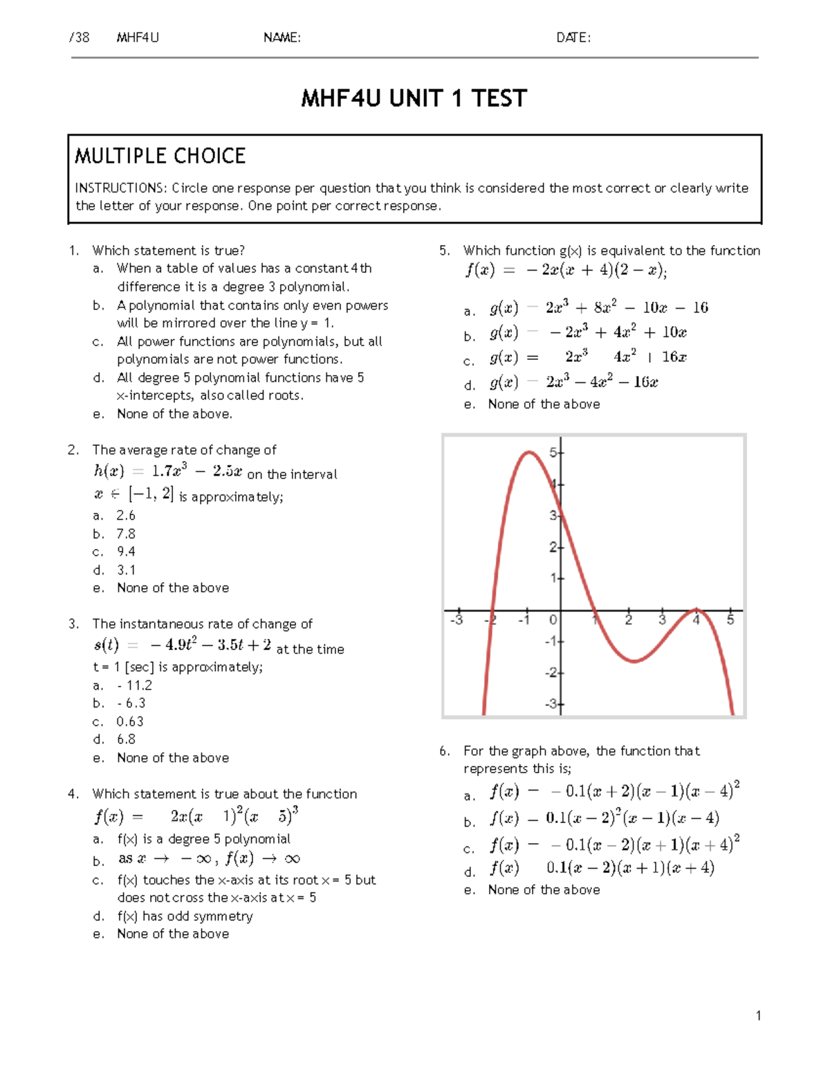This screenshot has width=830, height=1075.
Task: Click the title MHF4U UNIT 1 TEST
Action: pyautogui.click(x=414, y=99)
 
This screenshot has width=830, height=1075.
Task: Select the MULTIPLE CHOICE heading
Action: pyautogui.click(x=160, y=156)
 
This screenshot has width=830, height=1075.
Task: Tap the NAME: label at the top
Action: pyautogui.click(x=282, y=38)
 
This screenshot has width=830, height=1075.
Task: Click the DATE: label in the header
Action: pyautogui.click(x=573, y=38)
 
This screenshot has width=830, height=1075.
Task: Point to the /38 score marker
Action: pyautogui.click(x=80, y=38)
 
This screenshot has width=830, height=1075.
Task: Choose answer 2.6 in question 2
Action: pyautogui.click(x=126, y=516)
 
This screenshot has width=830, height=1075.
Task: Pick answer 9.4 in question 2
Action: pyautogui.click(x=126, y=552)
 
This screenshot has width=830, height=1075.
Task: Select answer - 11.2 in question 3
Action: pyautogui.click(x=134, y=685)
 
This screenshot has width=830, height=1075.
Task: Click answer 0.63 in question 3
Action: pyautogui.click(x=130, y=721)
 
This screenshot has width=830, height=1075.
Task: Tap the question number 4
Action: pyautogui.click(x=73, y=794)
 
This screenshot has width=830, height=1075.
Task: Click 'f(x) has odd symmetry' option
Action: pyautogui.click(x=185, y=916)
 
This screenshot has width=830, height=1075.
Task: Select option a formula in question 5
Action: pyautogui.click(x=599, y=308)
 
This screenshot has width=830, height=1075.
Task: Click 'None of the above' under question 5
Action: pyautogui.click(x=544, y=404)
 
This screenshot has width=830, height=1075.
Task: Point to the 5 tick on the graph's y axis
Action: pyautogui.click(x=553, y=453)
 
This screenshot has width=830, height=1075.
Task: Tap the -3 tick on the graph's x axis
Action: pyautogui.click(x=456, y=620)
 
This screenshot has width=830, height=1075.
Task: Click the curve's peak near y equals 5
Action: pyautogui.click(x=529, y=453)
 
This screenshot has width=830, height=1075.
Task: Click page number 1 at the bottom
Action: pyautogui.click(x=758, y=1016)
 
